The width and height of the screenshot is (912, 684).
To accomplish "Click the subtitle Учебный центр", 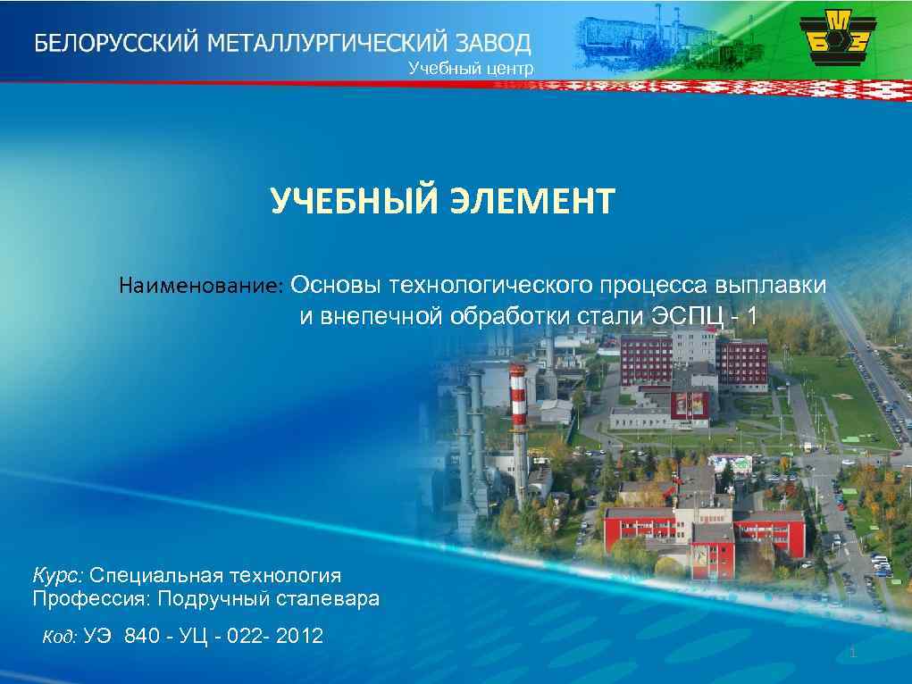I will [471, 68].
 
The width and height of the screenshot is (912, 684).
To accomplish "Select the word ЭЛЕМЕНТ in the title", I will [529, 202].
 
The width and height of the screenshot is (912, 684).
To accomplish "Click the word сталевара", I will [330, 598].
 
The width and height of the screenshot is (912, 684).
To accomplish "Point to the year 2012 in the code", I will [300, 637].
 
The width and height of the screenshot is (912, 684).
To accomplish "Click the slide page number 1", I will [853, 655].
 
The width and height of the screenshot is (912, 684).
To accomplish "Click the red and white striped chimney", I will [516, 420].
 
